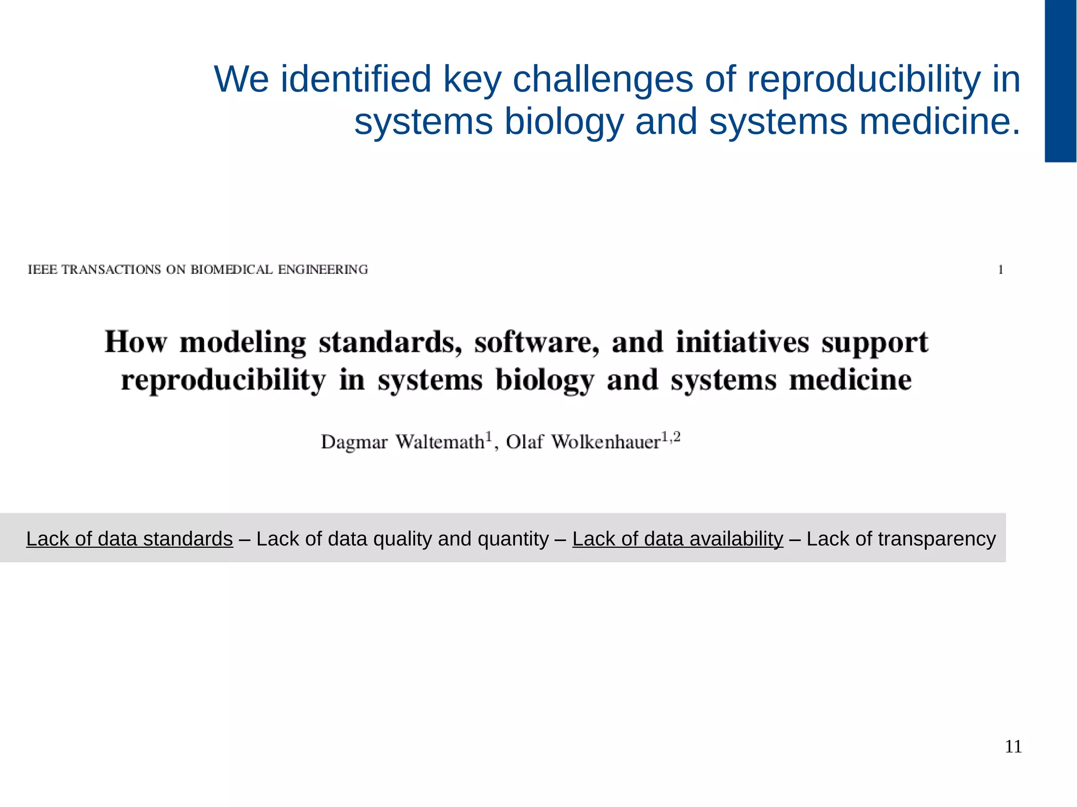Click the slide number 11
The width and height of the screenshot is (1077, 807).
point(1013,747)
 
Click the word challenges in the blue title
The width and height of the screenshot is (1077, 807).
point(603,79)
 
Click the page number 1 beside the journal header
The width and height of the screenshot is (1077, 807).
point(1001,270)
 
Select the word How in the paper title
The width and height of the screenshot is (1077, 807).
point(136,342)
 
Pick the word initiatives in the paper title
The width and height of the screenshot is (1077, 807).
point(742,342)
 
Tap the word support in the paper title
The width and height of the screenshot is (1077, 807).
point(875,343)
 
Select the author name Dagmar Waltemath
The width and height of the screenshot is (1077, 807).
point(403,442)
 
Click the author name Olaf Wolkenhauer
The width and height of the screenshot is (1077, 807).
point(583,442)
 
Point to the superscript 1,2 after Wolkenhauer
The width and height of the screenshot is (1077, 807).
point(670,437)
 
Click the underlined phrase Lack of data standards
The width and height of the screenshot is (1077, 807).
point(129,539)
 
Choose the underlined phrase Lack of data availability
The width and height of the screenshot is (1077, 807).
point(677,539)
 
